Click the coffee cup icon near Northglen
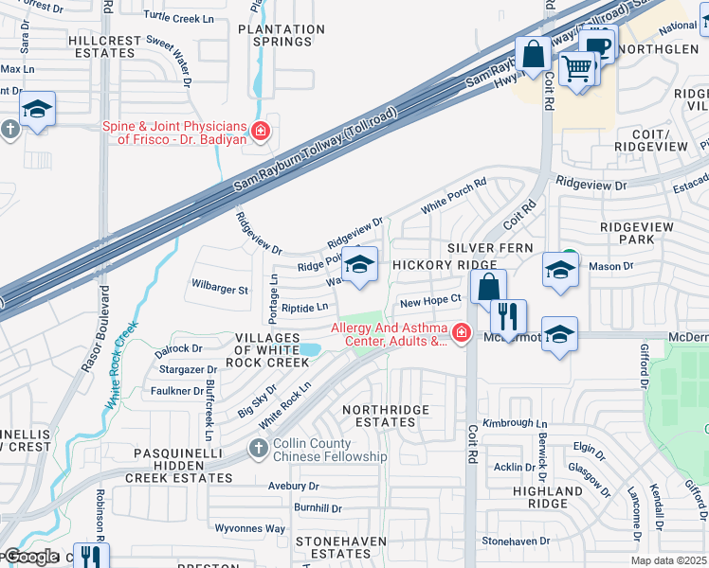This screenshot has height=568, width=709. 599,44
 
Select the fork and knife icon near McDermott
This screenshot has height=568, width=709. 508,316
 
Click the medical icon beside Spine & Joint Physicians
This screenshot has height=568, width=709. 259,131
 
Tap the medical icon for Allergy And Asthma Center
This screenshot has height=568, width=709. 461,333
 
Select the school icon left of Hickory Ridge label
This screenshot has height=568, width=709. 359,265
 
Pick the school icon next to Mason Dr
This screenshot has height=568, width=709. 560,270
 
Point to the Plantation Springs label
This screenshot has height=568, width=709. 275,35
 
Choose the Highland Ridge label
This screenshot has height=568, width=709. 548,498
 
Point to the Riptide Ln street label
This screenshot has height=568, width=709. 304,308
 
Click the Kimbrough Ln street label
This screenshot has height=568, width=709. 516,423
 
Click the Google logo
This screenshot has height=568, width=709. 32,557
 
